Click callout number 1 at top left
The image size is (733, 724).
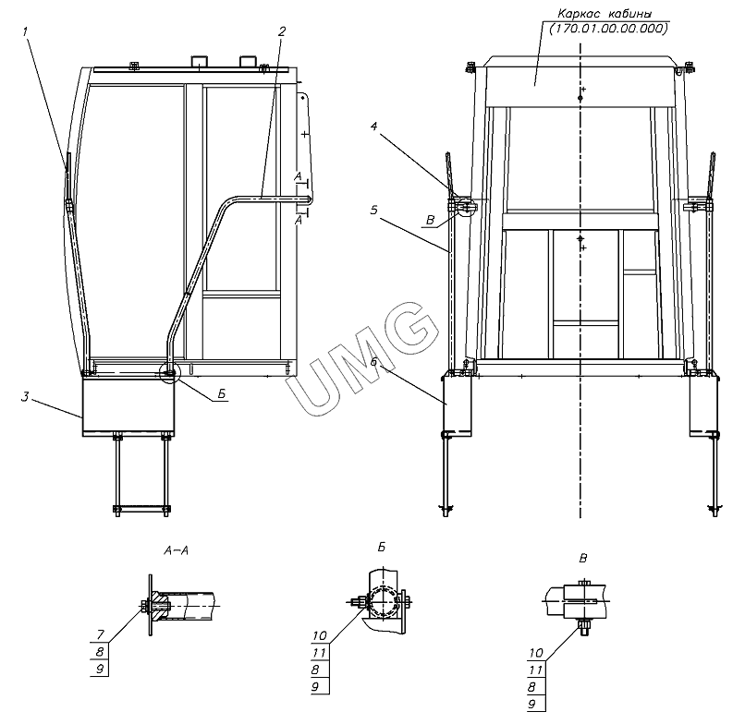coord(26,31)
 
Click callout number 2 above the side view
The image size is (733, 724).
coord(281,31)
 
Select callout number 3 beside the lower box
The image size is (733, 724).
coord(25,397)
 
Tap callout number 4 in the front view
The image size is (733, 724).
coord(373,127)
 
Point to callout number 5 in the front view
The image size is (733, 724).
coord(373,211)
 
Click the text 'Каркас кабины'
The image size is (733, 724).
coord(605,14)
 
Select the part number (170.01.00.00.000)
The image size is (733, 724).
coord(608,29)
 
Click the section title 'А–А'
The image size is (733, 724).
coord(177,551)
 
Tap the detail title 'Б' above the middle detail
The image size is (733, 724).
coord(382,547)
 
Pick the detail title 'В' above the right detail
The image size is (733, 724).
coord(583,558)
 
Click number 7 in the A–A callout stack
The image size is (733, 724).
coord(101,634)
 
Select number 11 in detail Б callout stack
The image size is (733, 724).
coord(319,653)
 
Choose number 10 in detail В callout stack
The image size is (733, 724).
coord(536,653)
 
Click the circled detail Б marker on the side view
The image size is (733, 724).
coord(169,373)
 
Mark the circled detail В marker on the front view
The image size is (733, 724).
coord(466,206)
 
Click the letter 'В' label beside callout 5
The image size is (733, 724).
coord(431,220)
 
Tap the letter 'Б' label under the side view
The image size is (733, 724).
coord(222,394)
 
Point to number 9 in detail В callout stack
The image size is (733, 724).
coord(532,705)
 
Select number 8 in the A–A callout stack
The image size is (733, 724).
coord(100,652)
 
